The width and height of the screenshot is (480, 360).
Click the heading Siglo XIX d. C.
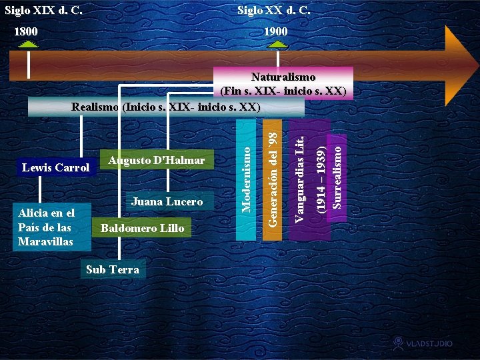click(x=44, y=11)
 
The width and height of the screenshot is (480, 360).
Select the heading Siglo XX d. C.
click(x=274, y=11)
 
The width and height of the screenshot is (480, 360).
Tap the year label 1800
click(x=27, y=31)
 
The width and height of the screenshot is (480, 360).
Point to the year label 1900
click(x=275, y=31)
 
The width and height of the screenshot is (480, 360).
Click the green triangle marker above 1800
click(x=29, y=45)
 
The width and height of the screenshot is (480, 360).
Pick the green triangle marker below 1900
click(x=277, y=45)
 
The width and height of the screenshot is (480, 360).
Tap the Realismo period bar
click(x=166, y=107)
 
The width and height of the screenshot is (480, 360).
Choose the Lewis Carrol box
click(x=56, y=167)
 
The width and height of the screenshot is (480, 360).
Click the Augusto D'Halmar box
click(x=156, y=161)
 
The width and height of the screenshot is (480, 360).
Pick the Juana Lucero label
click(x=167, y=201)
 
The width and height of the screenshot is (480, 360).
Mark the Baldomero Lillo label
click(x=142, y=229)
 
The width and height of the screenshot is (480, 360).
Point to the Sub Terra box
click(x=113, y=269)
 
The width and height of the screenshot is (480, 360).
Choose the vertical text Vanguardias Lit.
click(x=301, y=179)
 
